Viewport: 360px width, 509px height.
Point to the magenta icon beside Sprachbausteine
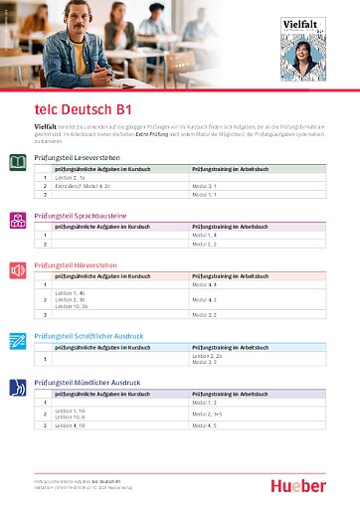tap(18, 218)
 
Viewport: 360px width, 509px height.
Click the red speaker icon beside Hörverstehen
tap(18, 269)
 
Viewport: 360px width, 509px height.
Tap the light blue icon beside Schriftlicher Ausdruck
tap(18, 340)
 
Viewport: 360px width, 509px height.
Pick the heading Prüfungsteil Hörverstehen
tap(76, 265)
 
